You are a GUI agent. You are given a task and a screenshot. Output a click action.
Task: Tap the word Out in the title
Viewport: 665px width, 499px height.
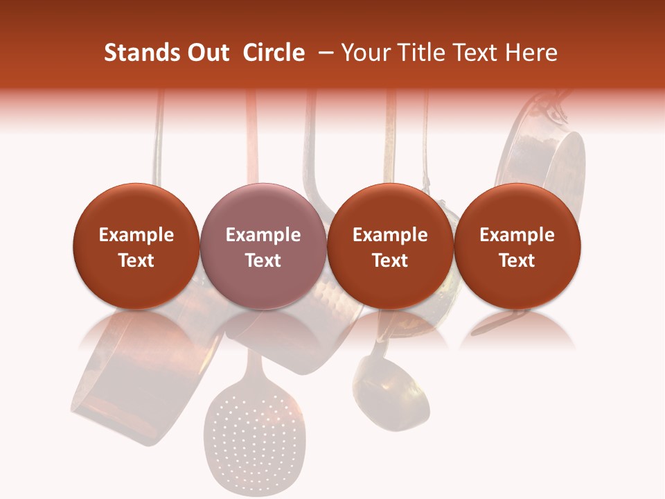click(206, 53)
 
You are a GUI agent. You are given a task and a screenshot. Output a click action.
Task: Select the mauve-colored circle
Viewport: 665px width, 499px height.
click(263, 246)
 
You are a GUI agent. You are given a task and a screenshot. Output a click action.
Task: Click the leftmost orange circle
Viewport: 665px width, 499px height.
click(136, 246)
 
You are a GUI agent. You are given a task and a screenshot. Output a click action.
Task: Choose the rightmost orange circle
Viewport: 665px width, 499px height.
click(517, 246)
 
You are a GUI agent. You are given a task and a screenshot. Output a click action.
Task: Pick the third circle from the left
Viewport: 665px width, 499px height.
click(390, 246)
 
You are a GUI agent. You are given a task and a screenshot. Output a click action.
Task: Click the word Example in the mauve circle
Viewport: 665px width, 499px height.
click(263, 235)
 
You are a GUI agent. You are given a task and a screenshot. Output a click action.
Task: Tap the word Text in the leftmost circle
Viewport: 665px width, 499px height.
click(136, 261)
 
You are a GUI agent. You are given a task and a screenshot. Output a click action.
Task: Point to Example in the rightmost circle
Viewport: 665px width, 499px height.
click(517, 235)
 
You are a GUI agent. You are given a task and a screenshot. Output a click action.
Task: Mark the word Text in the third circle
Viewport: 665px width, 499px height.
click(390, 261)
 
